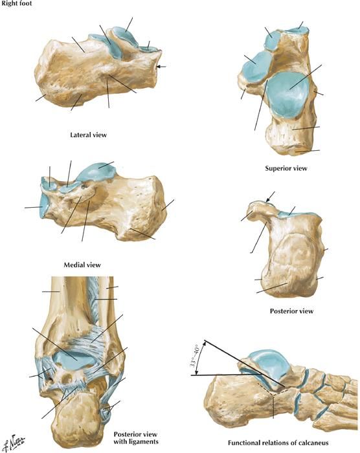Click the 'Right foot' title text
click(x=16, y=4)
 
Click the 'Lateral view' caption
click(x=89, y=135)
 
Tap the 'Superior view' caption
click(x=286, y=168)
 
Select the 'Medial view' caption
click(x=82, y=265)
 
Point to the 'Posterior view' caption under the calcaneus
click(x=291, y=311)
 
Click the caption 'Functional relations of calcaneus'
click(x=278, y=443)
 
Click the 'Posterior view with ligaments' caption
click(x=135, y=438)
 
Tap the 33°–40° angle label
click(x=194, y=356)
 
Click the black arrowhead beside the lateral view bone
click(x=161, y=67)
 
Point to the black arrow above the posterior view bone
click(x=271, y=197)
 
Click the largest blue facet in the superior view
click(x=287, y=94)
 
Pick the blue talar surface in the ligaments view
click(x=75, y=360)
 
